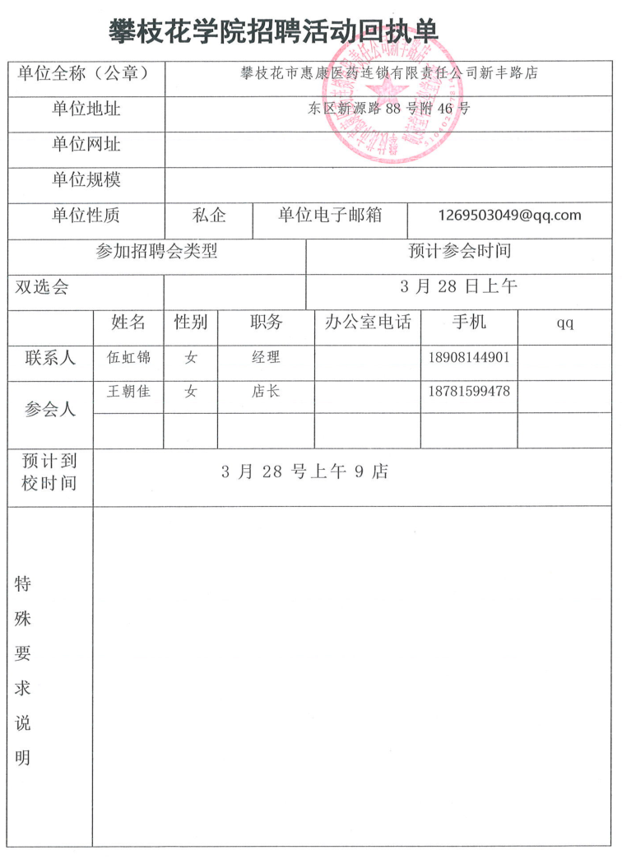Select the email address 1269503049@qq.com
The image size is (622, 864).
coord(510,216)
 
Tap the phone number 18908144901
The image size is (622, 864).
coord(469,358)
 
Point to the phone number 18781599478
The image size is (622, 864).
coord(469,392)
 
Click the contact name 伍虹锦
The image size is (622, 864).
coord(128,358)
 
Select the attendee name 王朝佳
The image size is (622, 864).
coord(128,392)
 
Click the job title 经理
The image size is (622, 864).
coord(266,358)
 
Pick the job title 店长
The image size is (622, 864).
coord(266,392)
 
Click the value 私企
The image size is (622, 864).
coord(209,216)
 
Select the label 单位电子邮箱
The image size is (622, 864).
coord(329,216)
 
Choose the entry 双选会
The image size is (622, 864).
coord(42,287)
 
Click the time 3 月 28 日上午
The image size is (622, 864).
coord(458,287)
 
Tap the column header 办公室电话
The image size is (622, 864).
coord(367,322)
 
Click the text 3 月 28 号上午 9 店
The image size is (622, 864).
coord(304,471)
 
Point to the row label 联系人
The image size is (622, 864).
coord(50,358)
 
